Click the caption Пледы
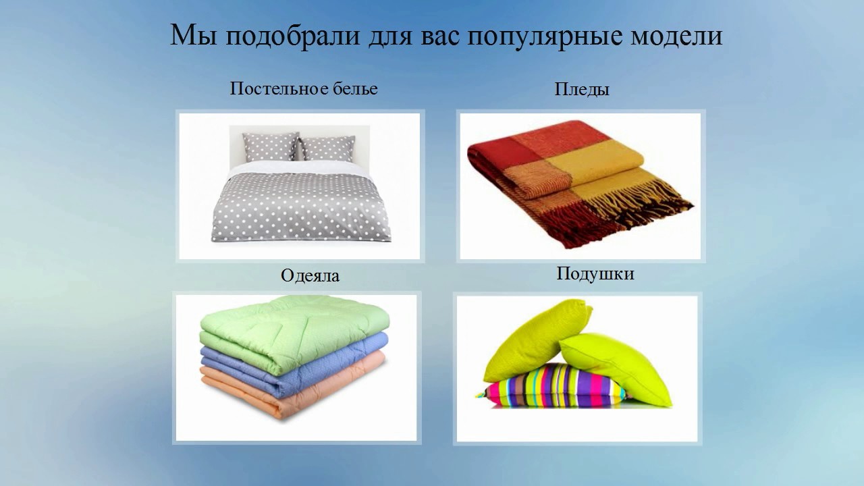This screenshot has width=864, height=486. click(582, 89)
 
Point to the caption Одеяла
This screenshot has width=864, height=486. click(310, 275)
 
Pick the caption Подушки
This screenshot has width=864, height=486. click(595, 274)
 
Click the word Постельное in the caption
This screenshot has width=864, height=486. click(274, 88)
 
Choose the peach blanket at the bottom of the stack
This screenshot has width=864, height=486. click(297, 398)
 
